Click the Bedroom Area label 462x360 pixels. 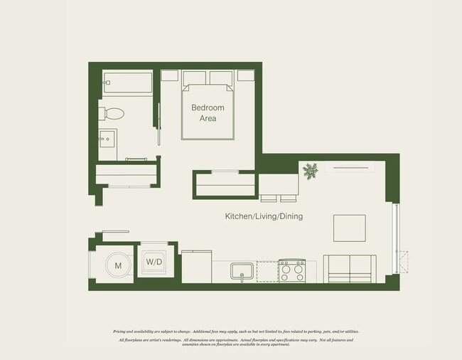point(208,113)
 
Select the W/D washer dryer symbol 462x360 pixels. point(154,262)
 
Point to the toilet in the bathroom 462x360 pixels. point(113,113)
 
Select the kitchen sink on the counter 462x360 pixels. point(242,271)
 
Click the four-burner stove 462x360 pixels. point(291,270)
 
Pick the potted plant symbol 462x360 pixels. point(311,171)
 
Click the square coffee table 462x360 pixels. point(350,228)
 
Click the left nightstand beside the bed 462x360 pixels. point(171,75)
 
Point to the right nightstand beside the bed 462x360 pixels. point(246,75)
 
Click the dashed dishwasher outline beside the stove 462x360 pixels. point(267,271)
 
